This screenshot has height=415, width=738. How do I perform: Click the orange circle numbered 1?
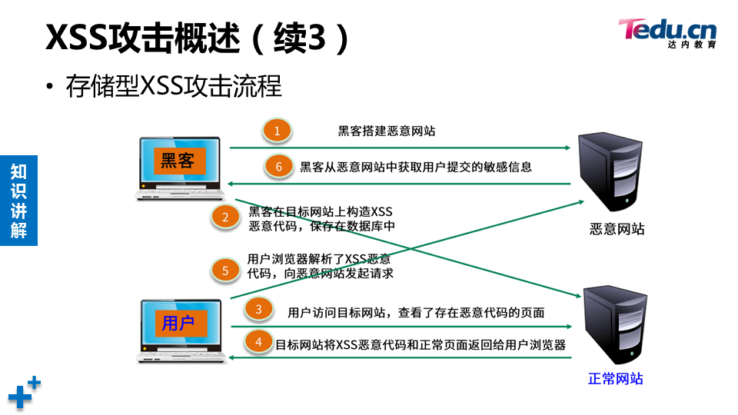[277, 131]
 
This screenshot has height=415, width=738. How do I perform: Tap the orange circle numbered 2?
[225, 217]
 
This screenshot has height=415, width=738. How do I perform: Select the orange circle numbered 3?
[259, 310]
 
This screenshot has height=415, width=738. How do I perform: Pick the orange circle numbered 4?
[259, 341]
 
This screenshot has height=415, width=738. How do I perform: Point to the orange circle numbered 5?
[225, 271]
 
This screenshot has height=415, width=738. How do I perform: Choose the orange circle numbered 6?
[279, 167]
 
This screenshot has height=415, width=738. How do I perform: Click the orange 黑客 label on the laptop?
[178, 161]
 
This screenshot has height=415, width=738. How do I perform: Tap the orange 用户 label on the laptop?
[178, 323]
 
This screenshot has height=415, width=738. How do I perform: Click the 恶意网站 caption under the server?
[617, 229]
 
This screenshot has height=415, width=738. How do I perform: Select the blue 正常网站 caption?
[615, 379]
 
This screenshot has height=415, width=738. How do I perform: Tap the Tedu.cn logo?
[667, 33]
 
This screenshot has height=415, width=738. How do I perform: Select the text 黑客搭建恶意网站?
[387, 131]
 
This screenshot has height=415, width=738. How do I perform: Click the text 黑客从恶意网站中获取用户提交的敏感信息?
[415, 167]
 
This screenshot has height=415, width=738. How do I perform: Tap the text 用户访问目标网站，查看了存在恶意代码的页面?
[416, 313]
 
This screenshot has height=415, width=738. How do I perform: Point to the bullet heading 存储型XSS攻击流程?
[174, 86]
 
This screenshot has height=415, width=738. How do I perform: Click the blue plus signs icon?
[25, 393]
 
